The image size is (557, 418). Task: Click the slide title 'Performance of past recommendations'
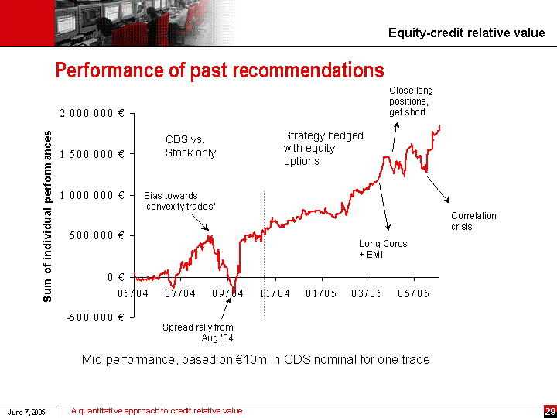coord(219,71)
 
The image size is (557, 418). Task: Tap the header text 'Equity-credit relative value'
coord(466,33)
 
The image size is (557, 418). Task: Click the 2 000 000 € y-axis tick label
coord(92,113)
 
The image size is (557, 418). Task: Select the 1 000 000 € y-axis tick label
coord(92,194)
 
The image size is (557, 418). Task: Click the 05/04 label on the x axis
coord(133,293)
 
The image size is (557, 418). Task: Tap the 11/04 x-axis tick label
coord(274,293)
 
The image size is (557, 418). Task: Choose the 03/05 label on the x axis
coord(367,293)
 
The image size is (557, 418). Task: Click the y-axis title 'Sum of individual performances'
coord(48,215)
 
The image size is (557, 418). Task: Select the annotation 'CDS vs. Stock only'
coord(190,146)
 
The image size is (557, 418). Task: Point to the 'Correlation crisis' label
coord(473,221)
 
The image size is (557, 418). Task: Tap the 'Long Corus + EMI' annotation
coord(383,248)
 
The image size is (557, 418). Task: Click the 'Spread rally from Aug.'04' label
coord(198,333)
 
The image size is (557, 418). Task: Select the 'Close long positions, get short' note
coord(411,101)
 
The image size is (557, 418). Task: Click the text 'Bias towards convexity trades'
coord(179,200)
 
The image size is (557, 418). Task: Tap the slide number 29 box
coord(549,411)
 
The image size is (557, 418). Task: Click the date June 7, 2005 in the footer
coord(27,412)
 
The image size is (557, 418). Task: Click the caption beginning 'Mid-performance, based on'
coord(255,359)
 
